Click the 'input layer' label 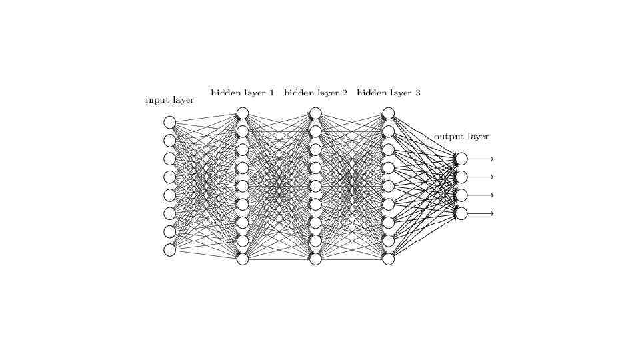169,100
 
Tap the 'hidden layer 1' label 242,93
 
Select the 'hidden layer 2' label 315,93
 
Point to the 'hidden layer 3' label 389,93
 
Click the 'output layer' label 461,137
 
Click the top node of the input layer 170,122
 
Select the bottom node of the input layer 170,250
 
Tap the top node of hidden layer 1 243,113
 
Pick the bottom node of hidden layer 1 243,259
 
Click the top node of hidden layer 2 315,113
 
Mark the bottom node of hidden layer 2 315,259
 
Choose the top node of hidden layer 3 389,113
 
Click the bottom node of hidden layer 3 389,259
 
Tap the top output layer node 461,159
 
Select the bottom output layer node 461,213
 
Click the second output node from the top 461,177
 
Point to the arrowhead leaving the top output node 492,159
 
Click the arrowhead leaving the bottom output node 492,213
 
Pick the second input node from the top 170,141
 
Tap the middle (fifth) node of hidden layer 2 315,186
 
